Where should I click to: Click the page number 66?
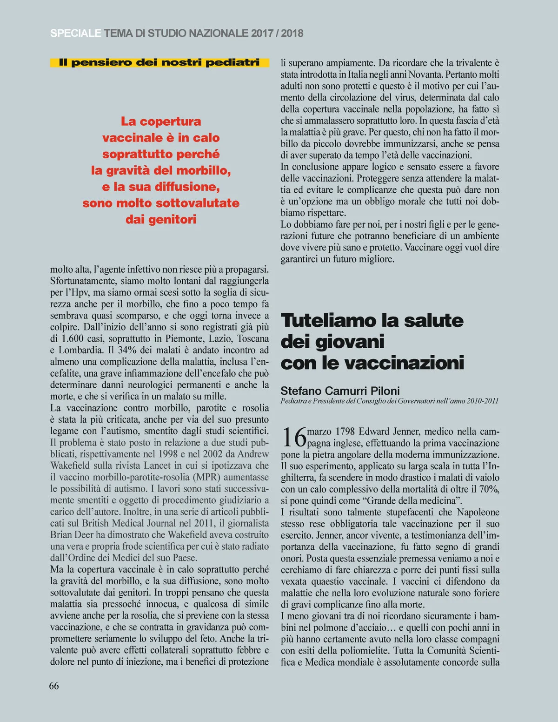[54, 686]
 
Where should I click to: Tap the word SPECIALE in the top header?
[75, 33]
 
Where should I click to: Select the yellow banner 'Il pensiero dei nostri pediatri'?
[159, 62]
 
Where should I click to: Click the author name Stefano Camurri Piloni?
[340, 391]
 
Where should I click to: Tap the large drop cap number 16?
[294, 437]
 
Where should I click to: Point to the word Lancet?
[157, 466]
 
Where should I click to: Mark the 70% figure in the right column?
[488, 489]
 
